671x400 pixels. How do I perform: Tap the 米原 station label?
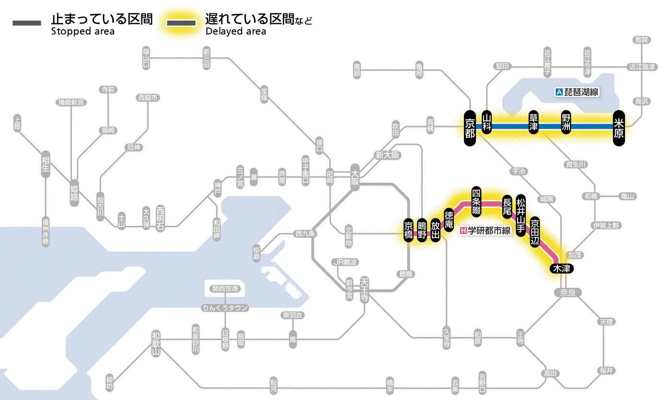[x=619, y=127]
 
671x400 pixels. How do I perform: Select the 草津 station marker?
[x=533, y=123]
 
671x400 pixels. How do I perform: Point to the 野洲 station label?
[x=567, y=123]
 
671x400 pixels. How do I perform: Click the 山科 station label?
[x=487, y=122]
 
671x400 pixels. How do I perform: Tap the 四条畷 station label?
[x=476, y=201]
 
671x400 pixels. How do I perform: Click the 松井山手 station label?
[x=521, y=210]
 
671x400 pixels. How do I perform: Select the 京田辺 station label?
[x=535, y=230]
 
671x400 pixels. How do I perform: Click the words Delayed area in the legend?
[x=236, y=32]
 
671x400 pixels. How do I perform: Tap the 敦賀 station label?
[x=641, y=40]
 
